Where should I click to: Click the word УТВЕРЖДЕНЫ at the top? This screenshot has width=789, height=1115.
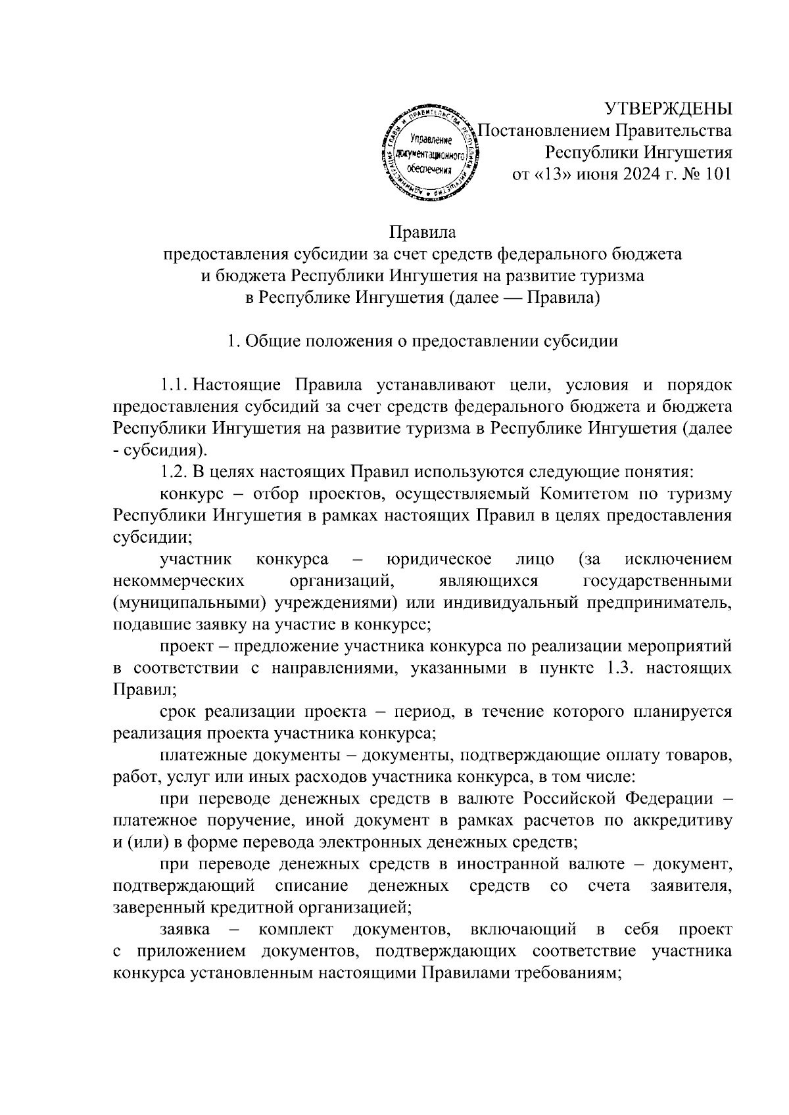coord(668,108)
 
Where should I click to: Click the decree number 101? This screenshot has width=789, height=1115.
coord(716,175)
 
